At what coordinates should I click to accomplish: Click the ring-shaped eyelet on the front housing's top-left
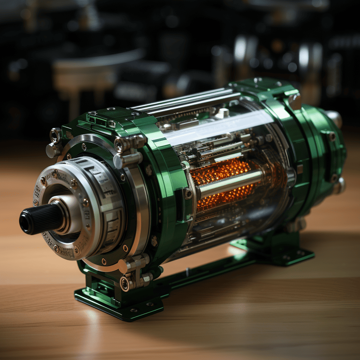coord(55,135)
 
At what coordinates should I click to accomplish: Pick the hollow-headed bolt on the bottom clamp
coord(126,283)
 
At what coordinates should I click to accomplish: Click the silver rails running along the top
coord(186,102)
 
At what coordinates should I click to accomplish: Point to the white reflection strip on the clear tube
coord(218,128)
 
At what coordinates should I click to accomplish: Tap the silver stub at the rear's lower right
coord(339,185)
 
